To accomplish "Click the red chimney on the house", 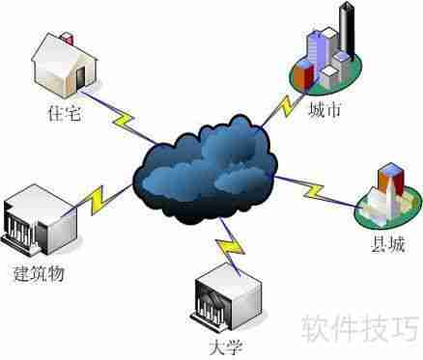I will pos(67,37).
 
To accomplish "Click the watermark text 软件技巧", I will pos(358,327).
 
